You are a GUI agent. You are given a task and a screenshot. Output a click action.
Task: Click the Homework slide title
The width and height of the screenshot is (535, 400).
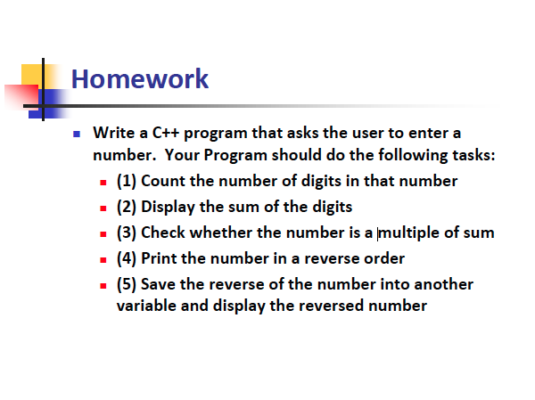pos(140,78)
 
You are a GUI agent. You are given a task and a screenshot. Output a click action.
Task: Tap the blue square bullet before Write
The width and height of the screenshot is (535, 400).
pos(77,134)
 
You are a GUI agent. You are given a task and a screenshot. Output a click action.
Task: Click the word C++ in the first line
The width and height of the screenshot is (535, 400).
pos(166,133)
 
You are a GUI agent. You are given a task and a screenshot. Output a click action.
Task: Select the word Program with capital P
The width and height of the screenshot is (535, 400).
pos(235,155)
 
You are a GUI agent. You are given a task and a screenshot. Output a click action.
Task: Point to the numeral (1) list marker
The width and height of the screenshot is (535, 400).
pos(127,181)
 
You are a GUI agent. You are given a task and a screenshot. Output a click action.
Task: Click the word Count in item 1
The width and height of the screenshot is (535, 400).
pos(163,181)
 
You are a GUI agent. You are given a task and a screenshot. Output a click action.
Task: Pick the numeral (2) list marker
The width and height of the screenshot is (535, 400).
pos(127,207)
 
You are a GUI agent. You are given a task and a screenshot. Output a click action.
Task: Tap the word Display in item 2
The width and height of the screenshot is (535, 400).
pos(168,207)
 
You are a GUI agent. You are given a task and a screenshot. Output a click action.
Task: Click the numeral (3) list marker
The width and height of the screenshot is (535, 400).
pos(127,233)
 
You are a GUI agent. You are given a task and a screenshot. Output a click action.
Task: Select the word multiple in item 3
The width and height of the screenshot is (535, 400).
pos(409,233)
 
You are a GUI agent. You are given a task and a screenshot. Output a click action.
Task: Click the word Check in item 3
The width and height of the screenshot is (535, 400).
pos(163,233)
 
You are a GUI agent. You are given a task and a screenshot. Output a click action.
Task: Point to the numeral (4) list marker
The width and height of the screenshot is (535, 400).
pos(127,258)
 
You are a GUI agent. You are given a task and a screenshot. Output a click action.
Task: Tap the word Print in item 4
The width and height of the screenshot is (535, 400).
pos(159,258)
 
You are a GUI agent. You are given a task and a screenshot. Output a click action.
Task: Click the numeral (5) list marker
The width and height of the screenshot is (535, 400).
pos(127,284)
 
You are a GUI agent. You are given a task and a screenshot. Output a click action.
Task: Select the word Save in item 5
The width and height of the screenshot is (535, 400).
pos(158,284)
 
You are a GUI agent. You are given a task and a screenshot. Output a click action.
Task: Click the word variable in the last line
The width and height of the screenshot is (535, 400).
pos(146,306)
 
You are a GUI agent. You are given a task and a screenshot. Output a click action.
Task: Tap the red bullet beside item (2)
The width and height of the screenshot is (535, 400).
pos(103,208)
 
